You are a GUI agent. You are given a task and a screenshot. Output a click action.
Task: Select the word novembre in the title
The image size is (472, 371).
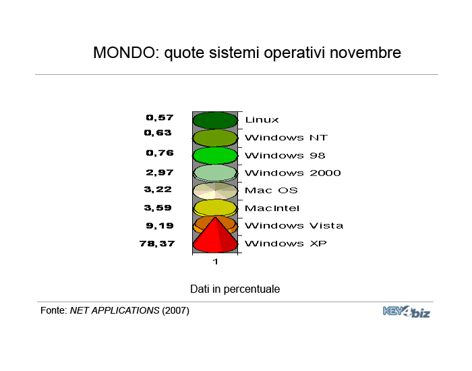365,53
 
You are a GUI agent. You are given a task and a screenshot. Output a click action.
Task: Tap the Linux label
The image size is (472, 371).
262,120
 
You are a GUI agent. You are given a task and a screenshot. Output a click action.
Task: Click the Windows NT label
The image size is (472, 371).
286,138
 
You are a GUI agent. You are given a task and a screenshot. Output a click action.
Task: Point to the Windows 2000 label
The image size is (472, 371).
293,173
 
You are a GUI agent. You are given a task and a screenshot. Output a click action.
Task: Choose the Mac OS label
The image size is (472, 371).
271,190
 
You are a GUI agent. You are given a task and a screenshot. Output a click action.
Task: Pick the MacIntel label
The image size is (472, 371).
272,208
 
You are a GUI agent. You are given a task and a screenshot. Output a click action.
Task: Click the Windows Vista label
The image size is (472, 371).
294,225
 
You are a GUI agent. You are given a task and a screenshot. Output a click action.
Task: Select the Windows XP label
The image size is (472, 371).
285,244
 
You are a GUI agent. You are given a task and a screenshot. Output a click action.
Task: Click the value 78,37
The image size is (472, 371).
157,244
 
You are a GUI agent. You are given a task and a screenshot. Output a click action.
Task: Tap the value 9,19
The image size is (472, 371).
160,226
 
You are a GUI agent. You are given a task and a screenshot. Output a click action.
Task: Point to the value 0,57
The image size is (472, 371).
160,117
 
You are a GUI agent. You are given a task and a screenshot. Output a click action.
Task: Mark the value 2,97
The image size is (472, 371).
160,173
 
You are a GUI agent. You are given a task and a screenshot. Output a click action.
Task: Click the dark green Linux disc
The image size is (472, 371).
215,121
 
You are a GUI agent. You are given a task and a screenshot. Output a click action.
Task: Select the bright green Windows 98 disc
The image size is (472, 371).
215,156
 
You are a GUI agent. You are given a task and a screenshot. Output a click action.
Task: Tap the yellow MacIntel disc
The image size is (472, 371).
215,208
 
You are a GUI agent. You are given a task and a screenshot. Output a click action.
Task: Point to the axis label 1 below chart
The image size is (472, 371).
215,262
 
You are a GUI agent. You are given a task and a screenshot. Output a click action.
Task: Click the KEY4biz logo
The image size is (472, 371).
407,312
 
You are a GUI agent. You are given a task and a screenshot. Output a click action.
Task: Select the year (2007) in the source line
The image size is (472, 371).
175,310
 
